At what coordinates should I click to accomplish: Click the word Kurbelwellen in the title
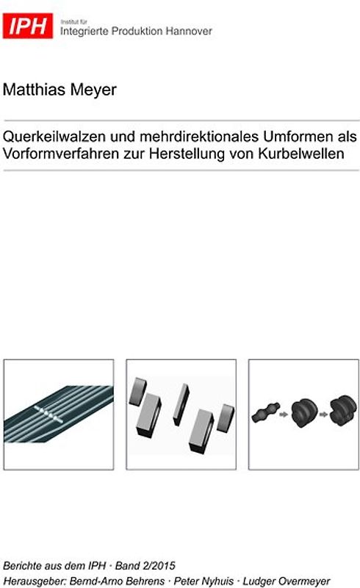coord(300,154)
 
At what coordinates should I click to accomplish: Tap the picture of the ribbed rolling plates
coord(59,415)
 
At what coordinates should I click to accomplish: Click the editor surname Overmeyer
coord(303,581)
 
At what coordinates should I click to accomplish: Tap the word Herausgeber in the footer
coord(32,581)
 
